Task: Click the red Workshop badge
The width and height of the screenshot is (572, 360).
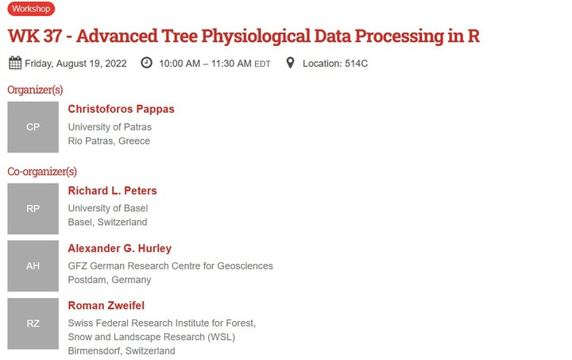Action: (31, 9)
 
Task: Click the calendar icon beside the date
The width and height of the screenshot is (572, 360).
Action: (15, 63)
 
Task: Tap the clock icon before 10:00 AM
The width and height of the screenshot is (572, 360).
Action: (146, 63)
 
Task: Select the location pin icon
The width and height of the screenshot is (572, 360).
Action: (290, 63)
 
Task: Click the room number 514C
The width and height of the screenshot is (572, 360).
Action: (356, 64)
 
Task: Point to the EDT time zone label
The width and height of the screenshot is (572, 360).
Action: (262, 64)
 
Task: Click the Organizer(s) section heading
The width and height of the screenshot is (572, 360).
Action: (35, 89)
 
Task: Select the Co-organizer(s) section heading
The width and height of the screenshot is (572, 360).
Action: (42, 171)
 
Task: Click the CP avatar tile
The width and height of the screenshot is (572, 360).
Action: (33, 126)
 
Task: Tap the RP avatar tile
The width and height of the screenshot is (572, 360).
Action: (33, 208)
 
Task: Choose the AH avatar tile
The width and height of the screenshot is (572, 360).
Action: (33, 265)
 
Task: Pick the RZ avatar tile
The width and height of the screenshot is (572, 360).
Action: (33, 323)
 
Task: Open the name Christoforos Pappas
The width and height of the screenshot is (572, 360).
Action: (121, 109)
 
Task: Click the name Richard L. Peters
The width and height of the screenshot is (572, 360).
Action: (112, 191)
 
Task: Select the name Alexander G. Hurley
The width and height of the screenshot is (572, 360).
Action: (119, 248)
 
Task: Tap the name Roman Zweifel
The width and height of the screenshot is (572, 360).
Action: (106, 305)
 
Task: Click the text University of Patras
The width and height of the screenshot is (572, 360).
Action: (110, 127)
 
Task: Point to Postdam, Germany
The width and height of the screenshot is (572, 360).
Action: (109, 280)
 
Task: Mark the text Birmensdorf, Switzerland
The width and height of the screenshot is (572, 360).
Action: (122, 350)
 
